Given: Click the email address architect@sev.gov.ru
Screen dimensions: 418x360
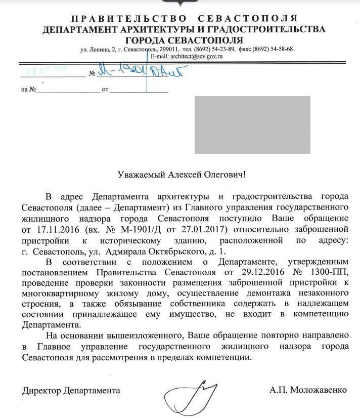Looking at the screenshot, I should (197, 57).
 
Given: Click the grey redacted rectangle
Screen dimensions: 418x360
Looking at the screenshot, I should (252, 125).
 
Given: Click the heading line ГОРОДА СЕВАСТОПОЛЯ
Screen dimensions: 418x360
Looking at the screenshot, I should (184, 40).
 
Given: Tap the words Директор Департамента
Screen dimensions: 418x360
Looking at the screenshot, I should (71, 390).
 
